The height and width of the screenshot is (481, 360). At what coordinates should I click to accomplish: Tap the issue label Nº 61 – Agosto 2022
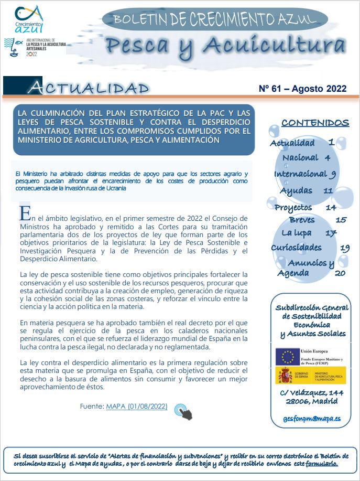[x=302, y=88]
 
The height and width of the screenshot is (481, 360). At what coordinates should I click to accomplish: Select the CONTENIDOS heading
[x=315, y=123]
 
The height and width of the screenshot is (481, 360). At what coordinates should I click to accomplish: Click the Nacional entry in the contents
[x=300, y=157]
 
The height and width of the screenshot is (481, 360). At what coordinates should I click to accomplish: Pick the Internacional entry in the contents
[x=300, y=174]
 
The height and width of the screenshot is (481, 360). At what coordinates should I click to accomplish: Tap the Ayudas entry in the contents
[x=296, y=190]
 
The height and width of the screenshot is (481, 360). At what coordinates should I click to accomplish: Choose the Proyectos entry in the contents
[x=293, y=207]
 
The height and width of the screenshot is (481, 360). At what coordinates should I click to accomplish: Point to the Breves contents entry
[x=302, y=220]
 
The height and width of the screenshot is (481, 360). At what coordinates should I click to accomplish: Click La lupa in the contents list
[x=297, y=233]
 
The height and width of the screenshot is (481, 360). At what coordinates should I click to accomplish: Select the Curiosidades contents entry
[x=297, y=248]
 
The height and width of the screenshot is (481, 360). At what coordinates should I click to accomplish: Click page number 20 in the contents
[x=340, y=273]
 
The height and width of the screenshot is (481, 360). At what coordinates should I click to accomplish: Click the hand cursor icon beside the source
[x=183, y=411]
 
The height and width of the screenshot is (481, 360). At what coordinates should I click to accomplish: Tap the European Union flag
[x=288, y=357]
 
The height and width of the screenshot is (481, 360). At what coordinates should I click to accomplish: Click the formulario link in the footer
[x=322, y=464]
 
